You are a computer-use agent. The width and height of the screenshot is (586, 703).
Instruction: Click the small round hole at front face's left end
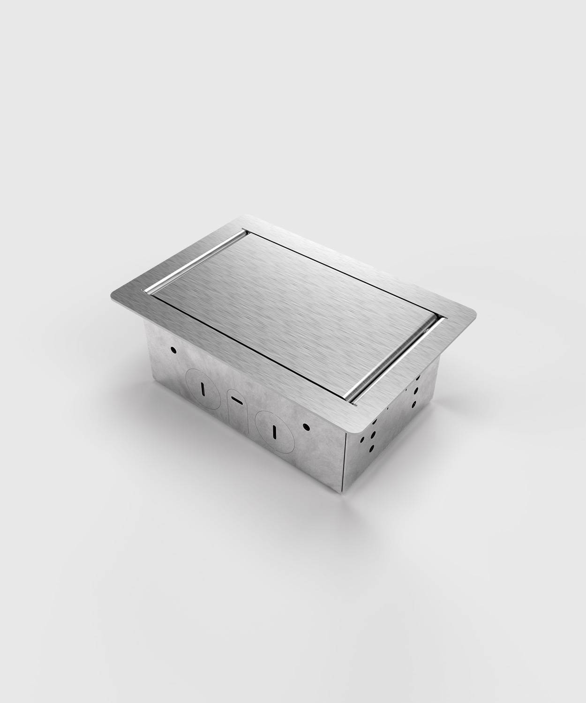173,350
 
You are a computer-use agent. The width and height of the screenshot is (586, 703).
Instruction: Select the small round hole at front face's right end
306,427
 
